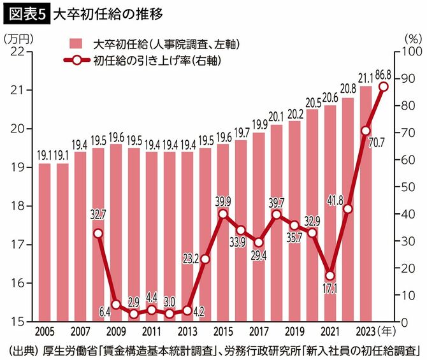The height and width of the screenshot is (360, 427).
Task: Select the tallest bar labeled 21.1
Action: click(x=366, y=204)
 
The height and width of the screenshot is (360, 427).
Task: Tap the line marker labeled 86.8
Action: click(x=384, y=87)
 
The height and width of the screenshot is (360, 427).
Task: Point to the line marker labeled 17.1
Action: click(x=329, y=276)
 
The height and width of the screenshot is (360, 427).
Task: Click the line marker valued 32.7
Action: click(x=98, y=233)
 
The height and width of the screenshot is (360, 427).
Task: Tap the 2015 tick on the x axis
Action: click(x=222, y=332)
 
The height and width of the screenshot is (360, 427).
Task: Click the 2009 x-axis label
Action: click(x=115, y=332)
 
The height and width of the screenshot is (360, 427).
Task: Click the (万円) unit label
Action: click(x=20, y=38)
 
